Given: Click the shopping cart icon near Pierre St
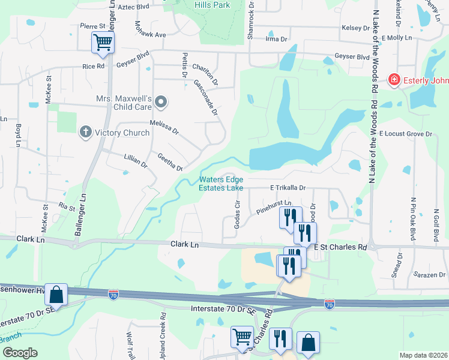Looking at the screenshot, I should coord(103,42).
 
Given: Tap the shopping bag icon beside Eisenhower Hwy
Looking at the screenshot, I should coord(56,294).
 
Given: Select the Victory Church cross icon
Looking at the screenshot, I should coord(86,132).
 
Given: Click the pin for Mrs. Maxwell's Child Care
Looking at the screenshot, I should coord(160,103).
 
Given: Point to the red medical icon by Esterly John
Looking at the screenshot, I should coord(394,80).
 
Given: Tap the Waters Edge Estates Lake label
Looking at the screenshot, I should coord(221,183).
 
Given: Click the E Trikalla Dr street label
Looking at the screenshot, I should coord(288,188).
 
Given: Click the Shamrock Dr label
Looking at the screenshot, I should coord(251,20).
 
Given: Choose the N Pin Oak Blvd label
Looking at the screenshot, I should coord(414,220).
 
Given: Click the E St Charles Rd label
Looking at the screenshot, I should coord(340,247).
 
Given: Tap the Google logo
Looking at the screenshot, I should coord(19,352).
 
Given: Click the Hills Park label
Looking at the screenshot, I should coord(212,5).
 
